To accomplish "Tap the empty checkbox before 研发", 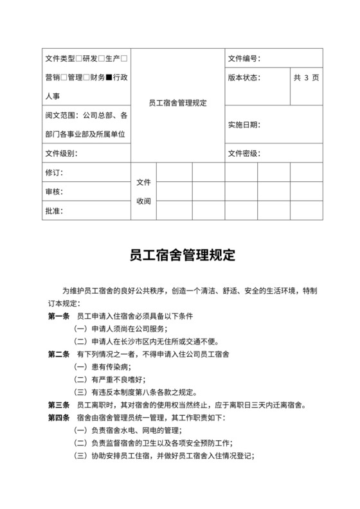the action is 79,58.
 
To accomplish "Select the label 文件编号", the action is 244,58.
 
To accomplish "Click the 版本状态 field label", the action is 244,78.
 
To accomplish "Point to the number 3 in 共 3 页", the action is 307,78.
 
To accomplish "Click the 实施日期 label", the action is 244,125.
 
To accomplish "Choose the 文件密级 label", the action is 244,154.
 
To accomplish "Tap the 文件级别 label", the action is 61,154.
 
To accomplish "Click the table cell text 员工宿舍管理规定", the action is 177,103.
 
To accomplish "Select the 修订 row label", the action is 54,173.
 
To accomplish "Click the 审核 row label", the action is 54,192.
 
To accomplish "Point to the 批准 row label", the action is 54,210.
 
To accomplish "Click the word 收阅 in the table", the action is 143,201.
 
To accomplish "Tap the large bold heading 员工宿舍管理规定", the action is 179,255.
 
